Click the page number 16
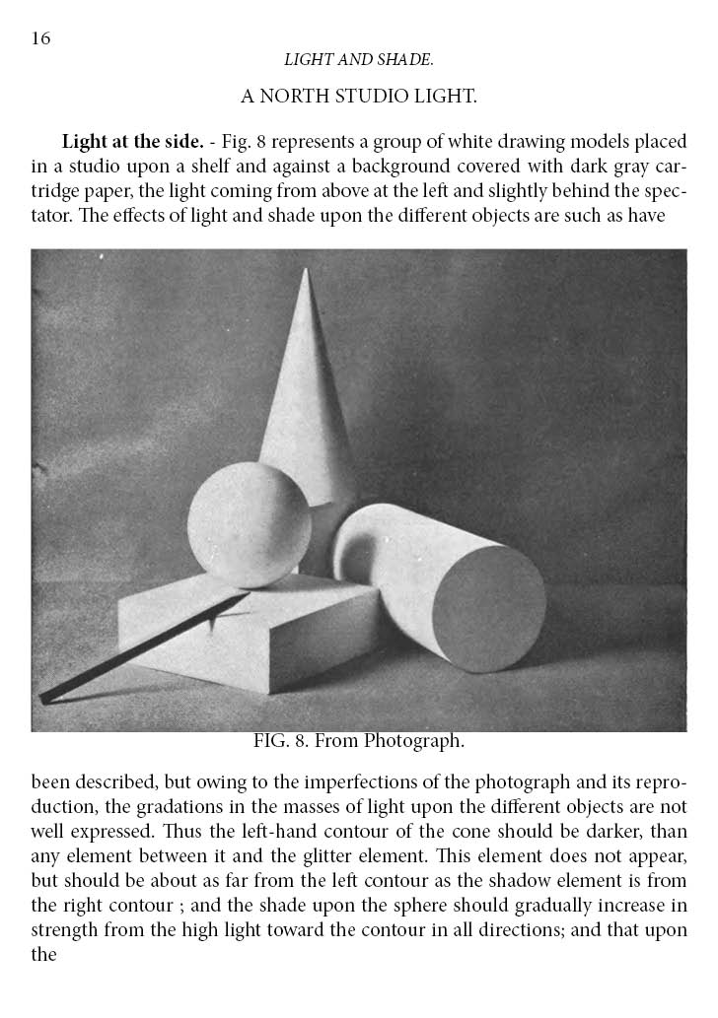point(40,38)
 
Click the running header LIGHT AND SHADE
point(359,60)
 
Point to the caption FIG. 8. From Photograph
point(358,740)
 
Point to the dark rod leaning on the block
point(138,649)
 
